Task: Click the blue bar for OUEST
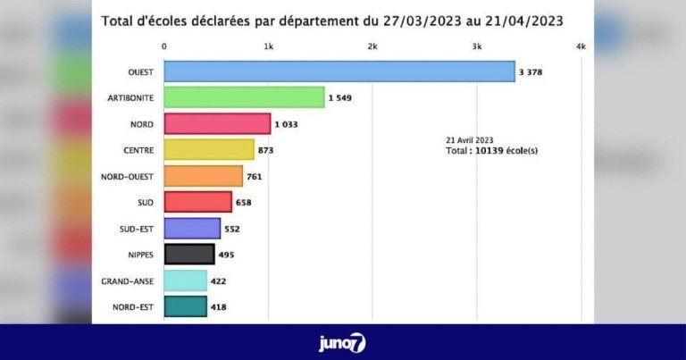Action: pos(339,71)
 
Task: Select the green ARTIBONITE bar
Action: pos(244,97)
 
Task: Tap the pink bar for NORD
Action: pos(217,123)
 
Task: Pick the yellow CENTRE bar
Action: pos(209,149)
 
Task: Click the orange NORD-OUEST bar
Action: pos(204,176)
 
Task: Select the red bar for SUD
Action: pos(198,202)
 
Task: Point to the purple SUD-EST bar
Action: pos(192,229)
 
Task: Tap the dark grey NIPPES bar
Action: pos(189,255)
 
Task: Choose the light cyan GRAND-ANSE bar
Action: pos(186,281)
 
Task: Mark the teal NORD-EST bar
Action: pos(186,307)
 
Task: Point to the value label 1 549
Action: pos(340,97)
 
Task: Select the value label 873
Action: pos(265,150)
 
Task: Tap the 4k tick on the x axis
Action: pos(581,46)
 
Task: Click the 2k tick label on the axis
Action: pos(372,46)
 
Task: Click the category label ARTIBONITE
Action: pos(128,97)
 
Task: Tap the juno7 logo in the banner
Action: pos(343,342)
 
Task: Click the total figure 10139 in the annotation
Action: pos(488,150)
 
